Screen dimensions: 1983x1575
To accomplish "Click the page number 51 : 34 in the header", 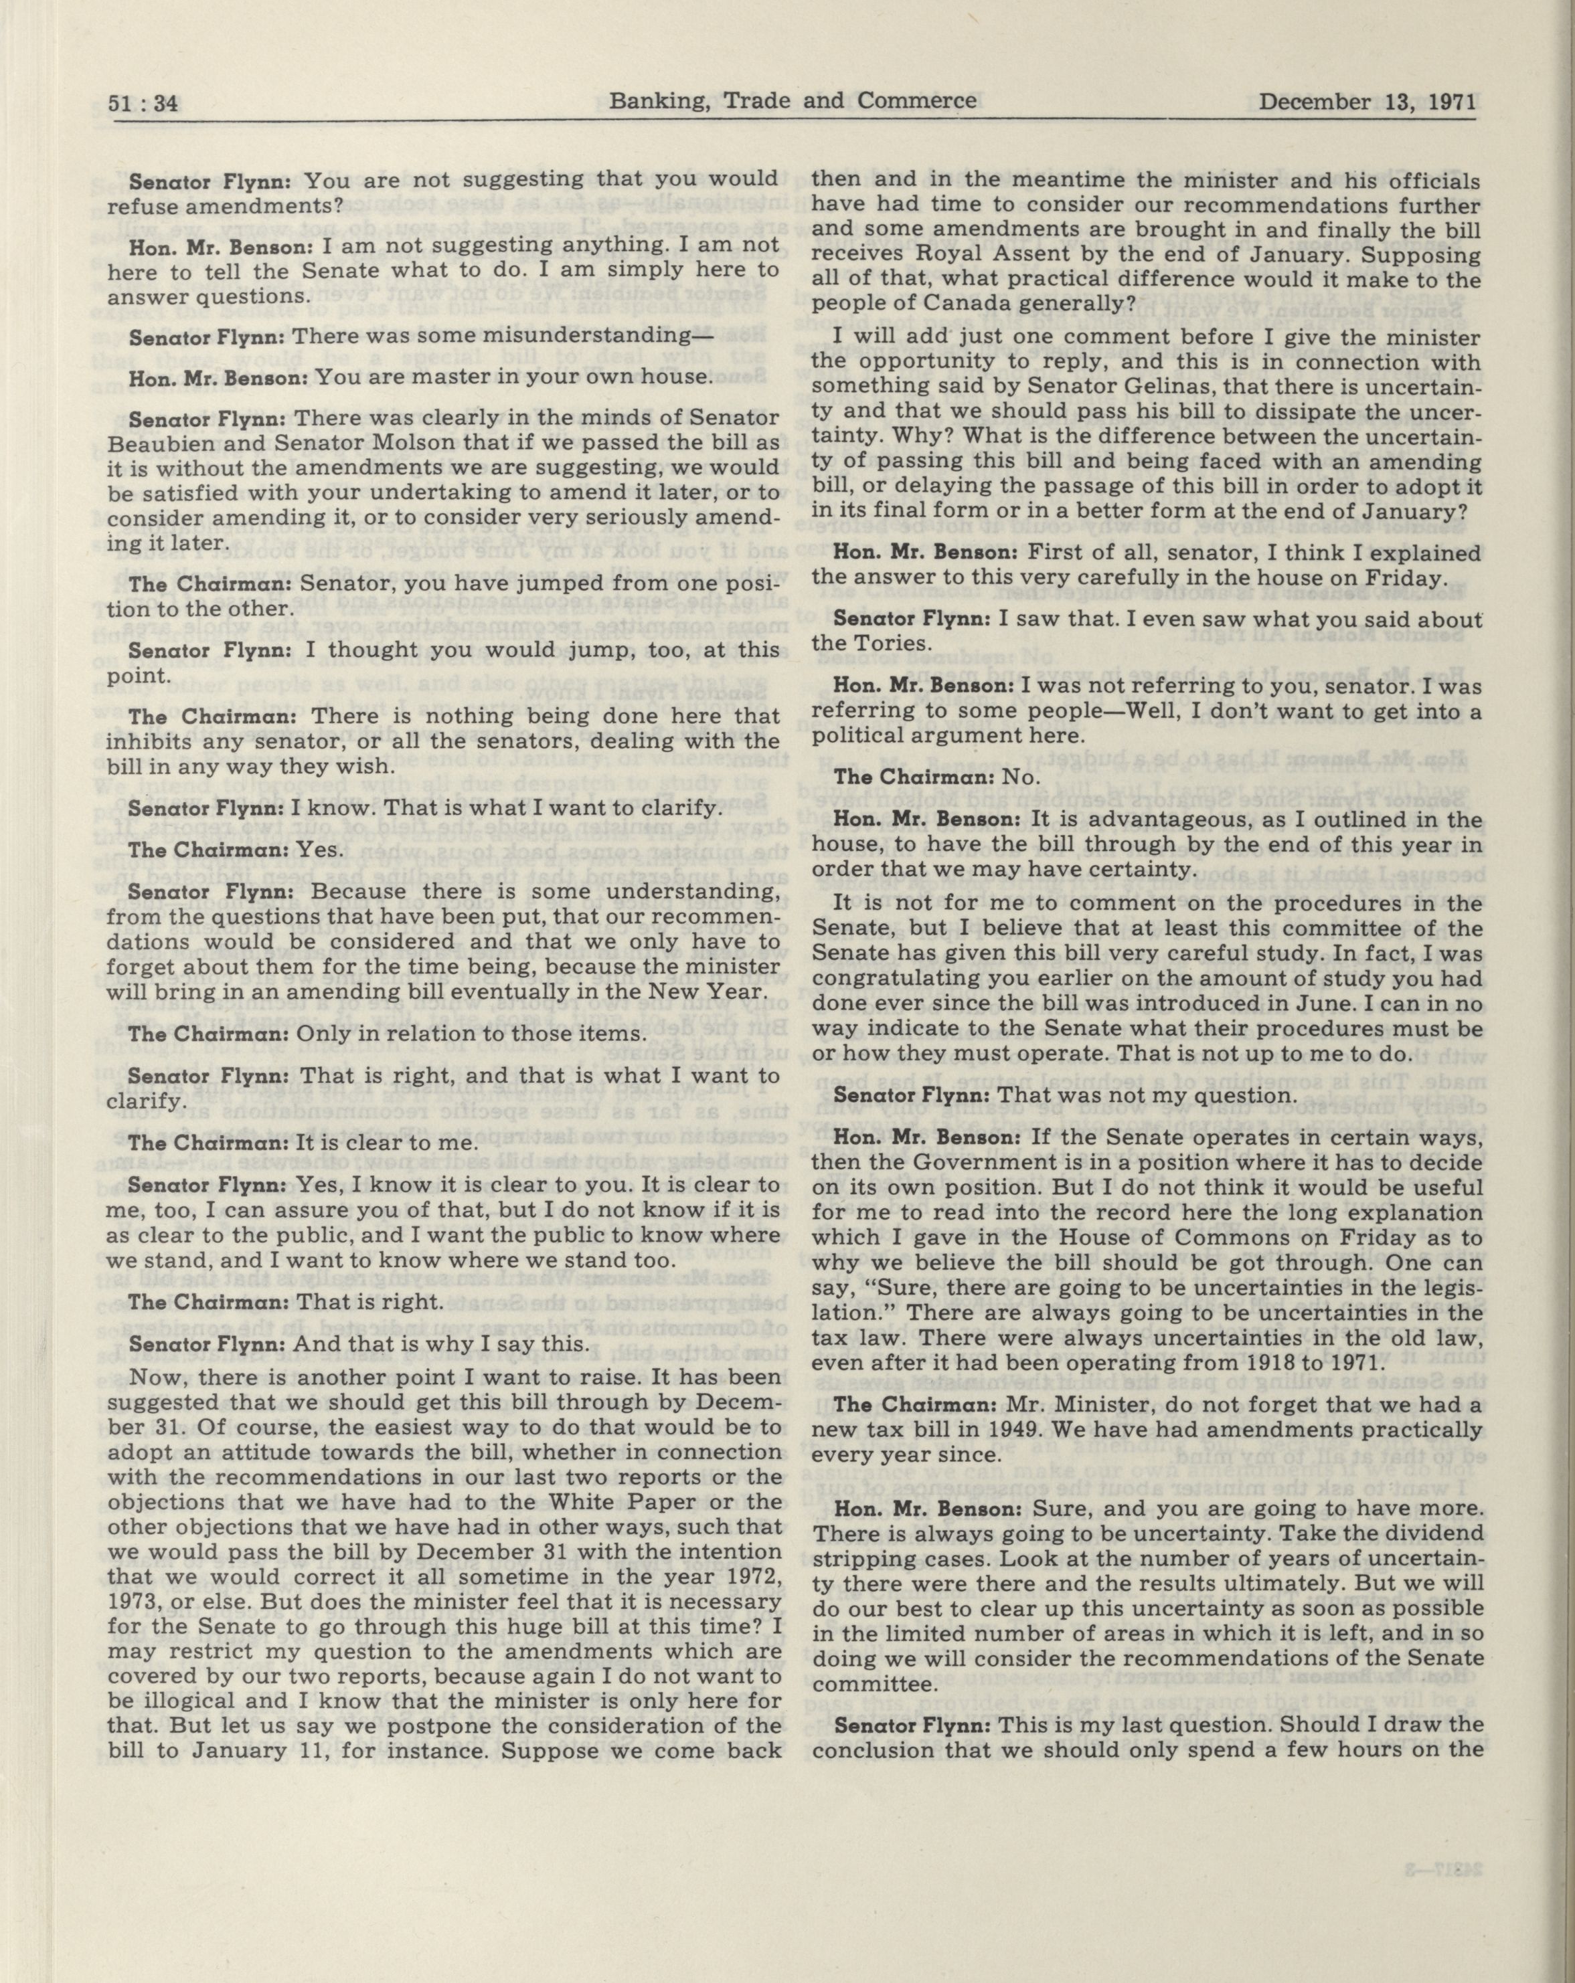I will coord(143,103).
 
